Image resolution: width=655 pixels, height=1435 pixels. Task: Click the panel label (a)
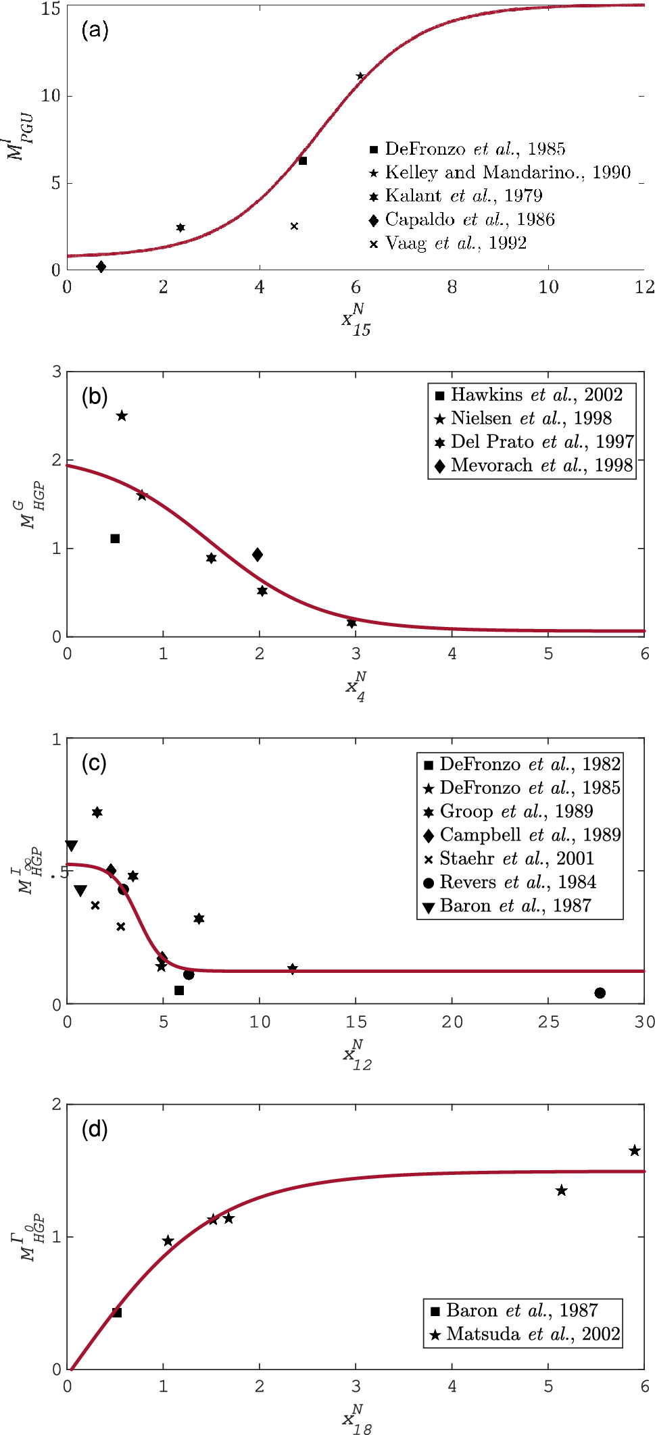[x=95, y=30]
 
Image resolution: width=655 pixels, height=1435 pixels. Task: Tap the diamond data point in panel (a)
[x=101, y=267]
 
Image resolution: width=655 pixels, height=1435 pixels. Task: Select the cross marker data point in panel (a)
[x=294, y=226]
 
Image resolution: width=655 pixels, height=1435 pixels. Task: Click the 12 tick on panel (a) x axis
[x=644, y=288]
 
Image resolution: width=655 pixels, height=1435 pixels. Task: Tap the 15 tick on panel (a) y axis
[x=51, y=9]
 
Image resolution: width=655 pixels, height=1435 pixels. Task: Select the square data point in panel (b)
[x=115, y=538]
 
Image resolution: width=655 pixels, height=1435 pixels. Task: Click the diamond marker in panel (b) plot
[x=258, y=555]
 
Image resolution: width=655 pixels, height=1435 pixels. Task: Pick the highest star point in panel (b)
[x=122, y=416]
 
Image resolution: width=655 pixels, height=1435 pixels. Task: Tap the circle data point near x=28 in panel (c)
[x=600, y=992]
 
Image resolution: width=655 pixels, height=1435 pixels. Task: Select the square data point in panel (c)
[x=179, y=990]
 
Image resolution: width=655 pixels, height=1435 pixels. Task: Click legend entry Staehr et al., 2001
[x=516, y=859]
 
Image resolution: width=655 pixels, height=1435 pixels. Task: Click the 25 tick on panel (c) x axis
[x=548, y=1022]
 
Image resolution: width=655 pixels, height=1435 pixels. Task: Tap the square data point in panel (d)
[x=117, y=1312]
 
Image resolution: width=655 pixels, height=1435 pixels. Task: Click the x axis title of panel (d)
[x=357, y=1419]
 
